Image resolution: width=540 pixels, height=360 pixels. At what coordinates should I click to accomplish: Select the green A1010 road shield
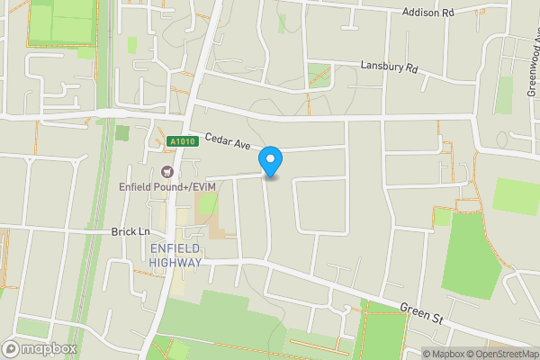[x=180, y=141]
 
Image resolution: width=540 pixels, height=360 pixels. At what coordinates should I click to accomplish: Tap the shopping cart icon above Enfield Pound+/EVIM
[x=166, y=172]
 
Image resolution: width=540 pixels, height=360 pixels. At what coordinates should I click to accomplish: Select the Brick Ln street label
[x=130, y=231]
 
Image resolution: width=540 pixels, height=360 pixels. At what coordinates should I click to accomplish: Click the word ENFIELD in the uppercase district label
[x=175, y=248]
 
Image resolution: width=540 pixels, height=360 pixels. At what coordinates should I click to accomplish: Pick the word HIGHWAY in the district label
[x=175, y=262]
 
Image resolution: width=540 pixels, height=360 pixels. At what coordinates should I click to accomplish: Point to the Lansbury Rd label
[x=390, y=67]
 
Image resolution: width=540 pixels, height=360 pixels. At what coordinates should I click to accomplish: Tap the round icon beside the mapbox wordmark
[x=11, y=348]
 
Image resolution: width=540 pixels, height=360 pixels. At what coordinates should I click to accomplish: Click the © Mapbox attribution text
[x=443, y=354]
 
